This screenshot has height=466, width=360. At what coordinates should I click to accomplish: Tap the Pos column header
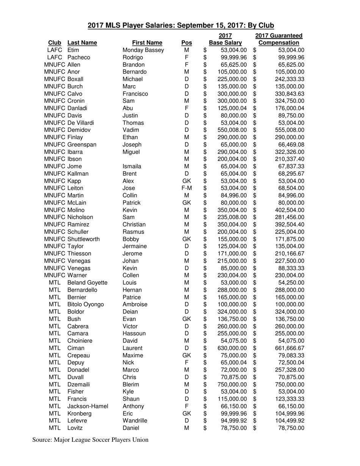point(187,43)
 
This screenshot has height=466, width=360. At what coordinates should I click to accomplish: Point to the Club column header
point(55,43)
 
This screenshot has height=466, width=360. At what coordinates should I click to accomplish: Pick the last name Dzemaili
point(80,385)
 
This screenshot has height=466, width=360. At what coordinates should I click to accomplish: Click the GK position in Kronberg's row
point(186,413)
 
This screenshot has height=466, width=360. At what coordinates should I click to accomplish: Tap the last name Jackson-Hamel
point(88,406)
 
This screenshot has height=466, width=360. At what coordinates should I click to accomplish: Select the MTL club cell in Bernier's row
point(55,297)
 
